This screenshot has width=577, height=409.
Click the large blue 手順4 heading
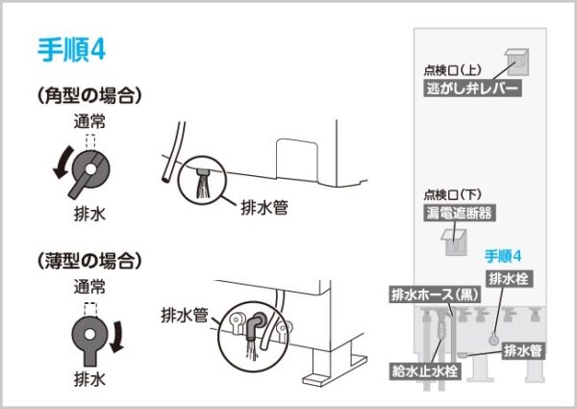72,50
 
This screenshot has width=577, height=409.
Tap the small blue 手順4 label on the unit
503,256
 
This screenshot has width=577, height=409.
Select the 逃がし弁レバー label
472,89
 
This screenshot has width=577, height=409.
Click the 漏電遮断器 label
460,213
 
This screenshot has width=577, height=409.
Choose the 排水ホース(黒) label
436,294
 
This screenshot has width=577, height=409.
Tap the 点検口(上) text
453,70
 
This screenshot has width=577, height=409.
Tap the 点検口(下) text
453,194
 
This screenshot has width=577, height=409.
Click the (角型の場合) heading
89,95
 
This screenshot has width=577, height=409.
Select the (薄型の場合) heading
89,261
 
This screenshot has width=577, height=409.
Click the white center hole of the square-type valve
89,169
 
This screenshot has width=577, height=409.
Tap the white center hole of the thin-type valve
89,334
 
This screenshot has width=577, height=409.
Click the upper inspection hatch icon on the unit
517,62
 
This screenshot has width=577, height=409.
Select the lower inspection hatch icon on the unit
455,243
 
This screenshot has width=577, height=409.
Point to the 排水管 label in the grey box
523,351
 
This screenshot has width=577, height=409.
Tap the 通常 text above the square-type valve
89,121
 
